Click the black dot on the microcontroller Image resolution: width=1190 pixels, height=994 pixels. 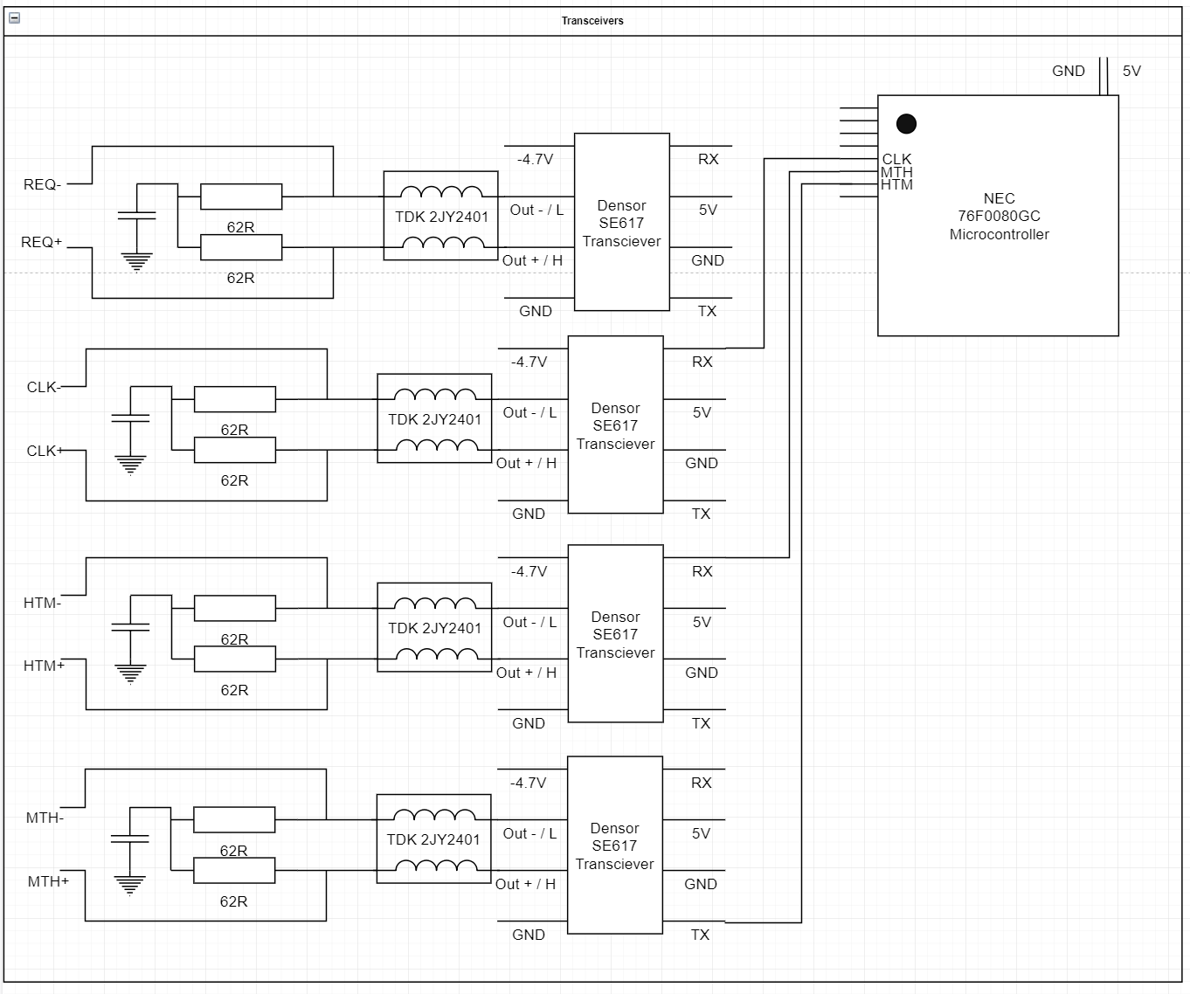tap(906, 124)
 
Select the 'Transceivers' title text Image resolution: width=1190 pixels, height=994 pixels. tap(592, 21)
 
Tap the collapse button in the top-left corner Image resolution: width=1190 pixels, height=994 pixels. tap(15, 18)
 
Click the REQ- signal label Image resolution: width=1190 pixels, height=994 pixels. tap(42, 184)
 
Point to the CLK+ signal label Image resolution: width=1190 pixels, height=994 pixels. tap(45, 451)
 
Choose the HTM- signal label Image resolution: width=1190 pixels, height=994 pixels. tap(42, 603)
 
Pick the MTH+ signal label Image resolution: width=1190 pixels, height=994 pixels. tap(48, 881)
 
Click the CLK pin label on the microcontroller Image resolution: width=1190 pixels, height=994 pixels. tap(896, 159)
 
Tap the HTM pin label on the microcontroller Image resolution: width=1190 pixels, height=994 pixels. tap(896, 184)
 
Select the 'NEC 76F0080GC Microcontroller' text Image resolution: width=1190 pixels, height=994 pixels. tap(999, 216)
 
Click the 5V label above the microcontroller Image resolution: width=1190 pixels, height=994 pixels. tap(1131, 72)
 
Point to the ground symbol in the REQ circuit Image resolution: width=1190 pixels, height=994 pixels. tap(137, 262)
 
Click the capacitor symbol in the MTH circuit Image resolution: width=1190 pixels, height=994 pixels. tap(130, 839)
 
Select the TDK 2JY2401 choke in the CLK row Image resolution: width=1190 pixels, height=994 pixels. tap(434, 418)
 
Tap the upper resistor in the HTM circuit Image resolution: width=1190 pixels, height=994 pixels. tap(235, 608)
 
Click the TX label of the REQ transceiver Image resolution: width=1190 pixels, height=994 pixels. tap(707, 311)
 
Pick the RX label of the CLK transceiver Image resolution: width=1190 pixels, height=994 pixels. tap(702, 362)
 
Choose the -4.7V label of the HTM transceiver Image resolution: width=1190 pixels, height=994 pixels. tap(529, 571)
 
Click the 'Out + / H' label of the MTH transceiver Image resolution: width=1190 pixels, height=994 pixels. tap(525, 884)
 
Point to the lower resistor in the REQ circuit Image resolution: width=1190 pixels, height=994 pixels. tap(241, 247)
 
